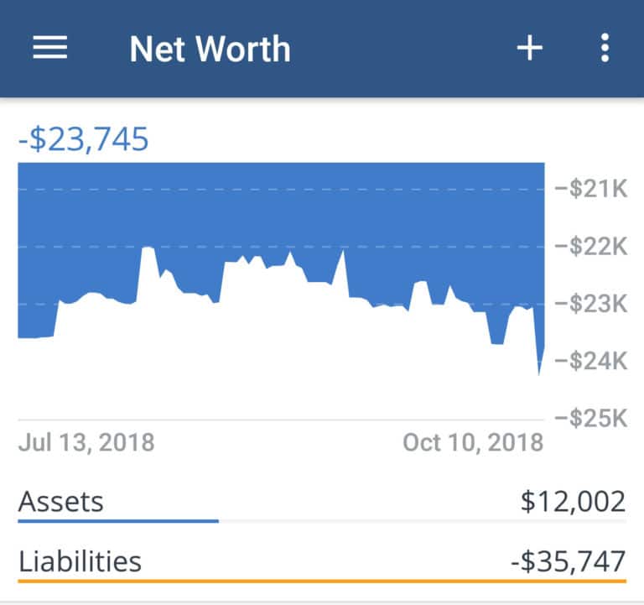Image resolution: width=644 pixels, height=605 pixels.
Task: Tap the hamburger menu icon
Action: point(50,49)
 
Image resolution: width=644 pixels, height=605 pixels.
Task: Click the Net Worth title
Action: point(210,50)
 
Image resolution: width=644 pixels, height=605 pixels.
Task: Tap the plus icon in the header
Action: point(529,49)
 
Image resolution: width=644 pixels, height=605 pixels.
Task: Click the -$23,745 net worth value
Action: point(83,138)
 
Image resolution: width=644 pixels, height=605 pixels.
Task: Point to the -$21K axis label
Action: point(591,190)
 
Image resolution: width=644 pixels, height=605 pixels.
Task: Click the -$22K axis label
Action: point(591,247)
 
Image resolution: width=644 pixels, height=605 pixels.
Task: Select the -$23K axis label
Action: point(591,304)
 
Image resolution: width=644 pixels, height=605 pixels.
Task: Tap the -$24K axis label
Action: point(591,361)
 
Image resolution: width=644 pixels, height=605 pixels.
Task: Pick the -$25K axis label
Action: point(591,418)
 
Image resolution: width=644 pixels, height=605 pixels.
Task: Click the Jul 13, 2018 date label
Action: point(86,442)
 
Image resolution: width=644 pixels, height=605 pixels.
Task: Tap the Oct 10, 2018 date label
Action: point(473,442)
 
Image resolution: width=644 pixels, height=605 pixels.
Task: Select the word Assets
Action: point(61,502)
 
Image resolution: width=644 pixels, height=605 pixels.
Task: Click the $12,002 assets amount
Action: point(573,502)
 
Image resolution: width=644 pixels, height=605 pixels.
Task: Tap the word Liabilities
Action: point(80,561)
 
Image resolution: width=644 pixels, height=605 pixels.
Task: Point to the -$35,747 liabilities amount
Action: point(568,561)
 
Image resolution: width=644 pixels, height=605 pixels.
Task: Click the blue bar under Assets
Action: point(117,521)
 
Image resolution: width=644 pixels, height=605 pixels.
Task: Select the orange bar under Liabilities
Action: point(322,579)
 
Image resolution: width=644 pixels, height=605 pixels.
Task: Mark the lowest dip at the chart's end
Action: point(538,373)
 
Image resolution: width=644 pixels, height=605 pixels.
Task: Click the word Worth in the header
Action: point(248,50)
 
